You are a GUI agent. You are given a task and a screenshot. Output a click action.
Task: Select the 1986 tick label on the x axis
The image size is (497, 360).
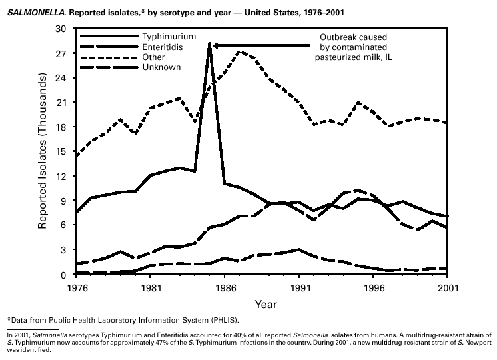[x=225, y=287]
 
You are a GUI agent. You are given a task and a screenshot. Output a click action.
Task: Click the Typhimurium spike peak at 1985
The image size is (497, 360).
[x=210, y=44]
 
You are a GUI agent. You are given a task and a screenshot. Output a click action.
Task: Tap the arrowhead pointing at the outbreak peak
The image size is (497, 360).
[x=217, y=45]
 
